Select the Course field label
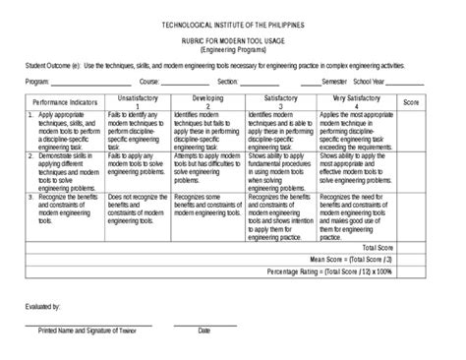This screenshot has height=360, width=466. tap(150, 83)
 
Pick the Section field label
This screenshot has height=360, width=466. tap(228, 83)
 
